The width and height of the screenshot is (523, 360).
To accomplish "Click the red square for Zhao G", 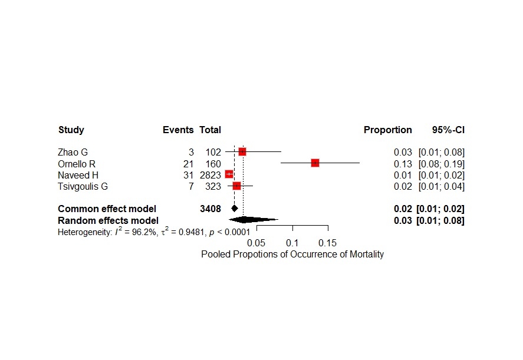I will [242, 152].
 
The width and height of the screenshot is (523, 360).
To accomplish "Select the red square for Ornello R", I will [315, 163].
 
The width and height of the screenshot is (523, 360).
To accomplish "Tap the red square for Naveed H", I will [229, 174].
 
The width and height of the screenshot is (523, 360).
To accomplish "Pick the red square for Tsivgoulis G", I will [237, 186].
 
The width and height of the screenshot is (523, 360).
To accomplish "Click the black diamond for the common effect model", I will [235, 208].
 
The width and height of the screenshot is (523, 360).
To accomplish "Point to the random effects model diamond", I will [244, 220].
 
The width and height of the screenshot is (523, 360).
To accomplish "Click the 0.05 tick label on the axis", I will [256, 242].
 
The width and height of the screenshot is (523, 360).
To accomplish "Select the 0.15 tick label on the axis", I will [327, 242].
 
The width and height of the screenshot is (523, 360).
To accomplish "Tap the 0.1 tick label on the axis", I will [292, 242].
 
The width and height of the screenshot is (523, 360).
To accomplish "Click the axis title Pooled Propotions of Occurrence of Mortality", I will [292, 255].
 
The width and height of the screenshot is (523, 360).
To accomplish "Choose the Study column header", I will [71, 130].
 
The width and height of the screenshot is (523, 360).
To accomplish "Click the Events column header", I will [178, 130].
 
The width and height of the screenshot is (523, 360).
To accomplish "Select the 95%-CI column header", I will [448, 130].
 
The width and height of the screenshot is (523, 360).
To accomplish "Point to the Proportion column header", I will [388, 130].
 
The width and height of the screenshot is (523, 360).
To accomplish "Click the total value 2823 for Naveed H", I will [209, 175].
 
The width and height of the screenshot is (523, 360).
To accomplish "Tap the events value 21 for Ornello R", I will [189, 164].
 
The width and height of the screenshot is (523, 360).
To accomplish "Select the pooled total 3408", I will [210, 209].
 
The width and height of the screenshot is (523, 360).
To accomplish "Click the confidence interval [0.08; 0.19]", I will [441, 164].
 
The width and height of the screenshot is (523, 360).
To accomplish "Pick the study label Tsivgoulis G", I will [83, 187].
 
